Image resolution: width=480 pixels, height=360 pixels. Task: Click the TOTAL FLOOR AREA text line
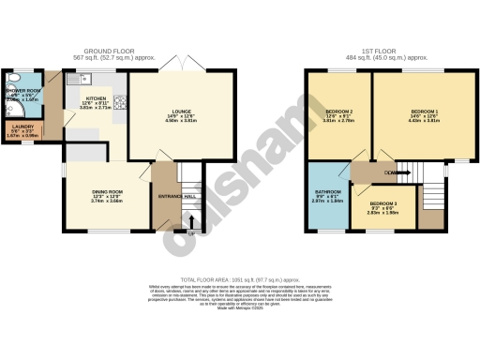coord(240,279)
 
